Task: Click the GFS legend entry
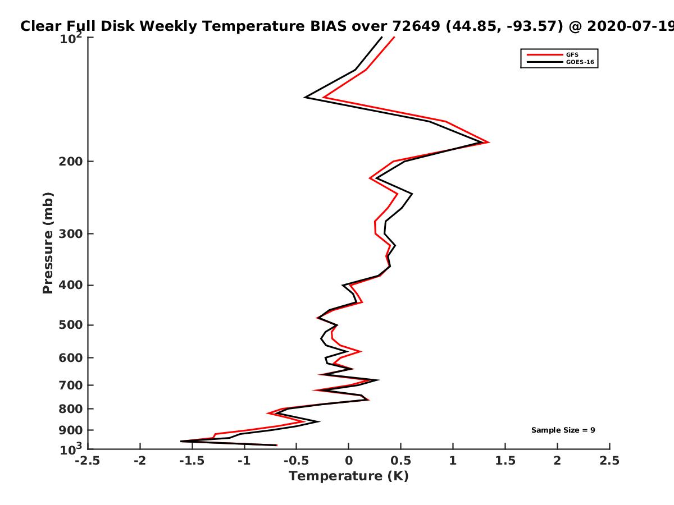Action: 553,55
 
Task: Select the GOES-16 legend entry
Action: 561,62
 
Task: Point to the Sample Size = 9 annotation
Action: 563,430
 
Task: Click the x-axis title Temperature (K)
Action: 349,476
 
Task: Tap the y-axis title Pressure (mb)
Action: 48,243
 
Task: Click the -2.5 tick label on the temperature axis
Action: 88,461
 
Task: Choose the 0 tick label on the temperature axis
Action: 349,461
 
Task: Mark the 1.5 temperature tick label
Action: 505,461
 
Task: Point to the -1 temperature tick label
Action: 244,461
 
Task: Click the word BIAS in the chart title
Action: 328,26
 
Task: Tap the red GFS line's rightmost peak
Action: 489,143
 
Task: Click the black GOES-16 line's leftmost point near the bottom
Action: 181,441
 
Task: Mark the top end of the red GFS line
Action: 394,37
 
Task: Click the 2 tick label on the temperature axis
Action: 557,461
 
